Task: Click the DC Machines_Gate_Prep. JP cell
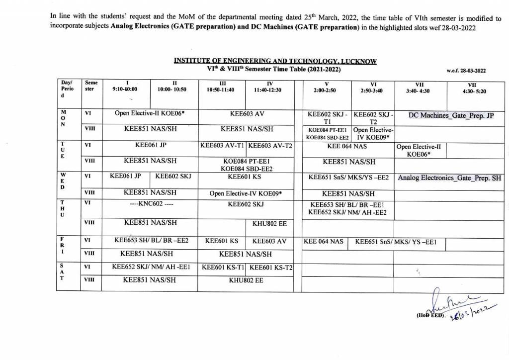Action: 451,116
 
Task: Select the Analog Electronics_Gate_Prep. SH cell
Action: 449,178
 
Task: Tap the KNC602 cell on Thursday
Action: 150,204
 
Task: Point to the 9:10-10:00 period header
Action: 127,87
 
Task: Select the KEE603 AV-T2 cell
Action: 270,146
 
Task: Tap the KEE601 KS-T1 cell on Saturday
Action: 223,267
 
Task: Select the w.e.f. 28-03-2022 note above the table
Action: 466,71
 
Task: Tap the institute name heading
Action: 275,61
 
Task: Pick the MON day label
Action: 63,118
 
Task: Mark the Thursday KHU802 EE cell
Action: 269,224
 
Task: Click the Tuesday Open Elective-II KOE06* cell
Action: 418,150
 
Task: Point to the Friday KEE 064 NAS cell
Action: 323,242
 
